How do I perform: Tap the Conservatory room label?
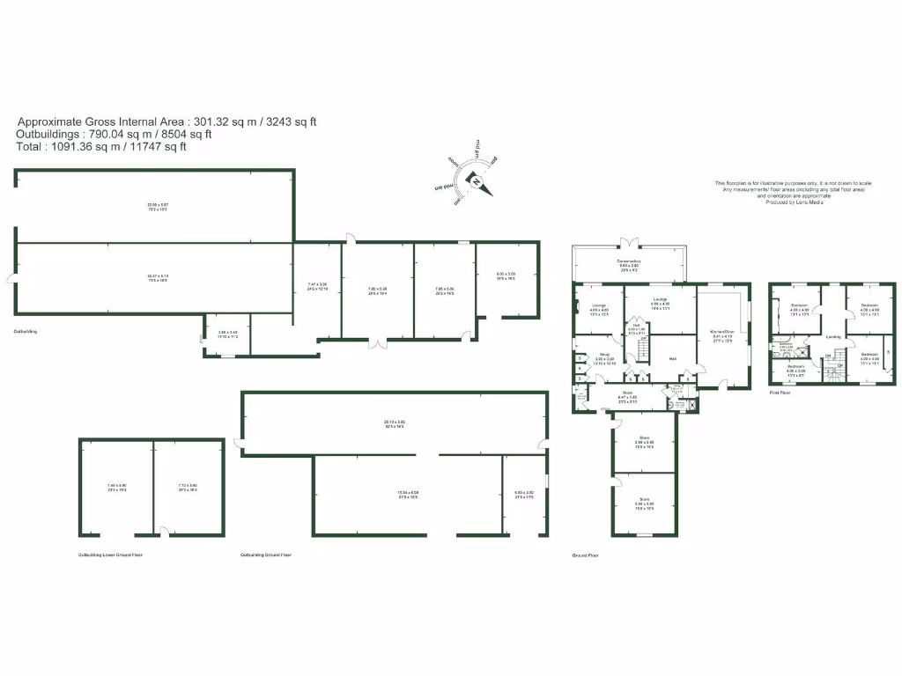pos(629,263)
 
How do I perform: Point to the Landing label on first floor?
pos(832,336)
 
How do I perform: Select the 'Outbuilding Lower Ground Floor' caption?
pos(110,555)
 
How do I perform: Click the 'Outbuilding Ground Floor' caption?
pos(265,555)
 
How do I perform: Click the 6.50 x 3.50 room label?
pos(524,494)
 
